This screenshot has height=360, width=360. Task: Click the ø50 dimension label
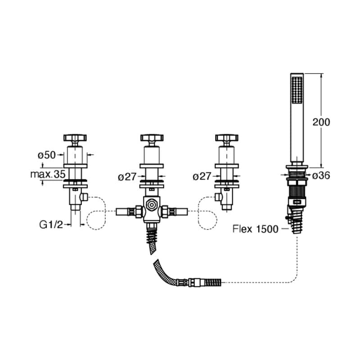click(47, 155)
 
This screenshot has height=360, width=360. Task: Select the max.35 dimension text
click(48, 174)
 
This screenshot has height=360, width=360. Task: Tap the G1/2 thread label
click(51, 225)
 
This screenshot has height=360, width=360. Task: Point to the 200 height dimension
click(321, 122)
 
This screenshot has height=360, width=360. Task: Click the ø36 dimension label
click(321, 176)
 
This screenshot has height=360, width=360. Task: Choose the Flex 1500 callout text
click(255, 229)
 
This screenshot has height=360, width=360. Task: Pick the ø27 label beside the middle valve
click(127, 177)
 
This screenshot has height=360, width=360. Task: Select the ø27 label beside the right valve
click(202, 176)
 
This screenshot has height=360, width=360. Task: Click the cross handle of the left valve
click(75, 138)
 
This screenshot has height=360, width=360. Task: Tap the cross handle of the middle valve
click(152, 138)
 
